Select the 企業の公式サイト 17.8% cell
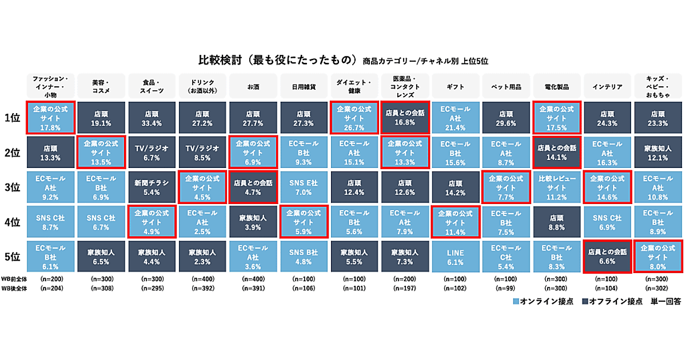(51, 118)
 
